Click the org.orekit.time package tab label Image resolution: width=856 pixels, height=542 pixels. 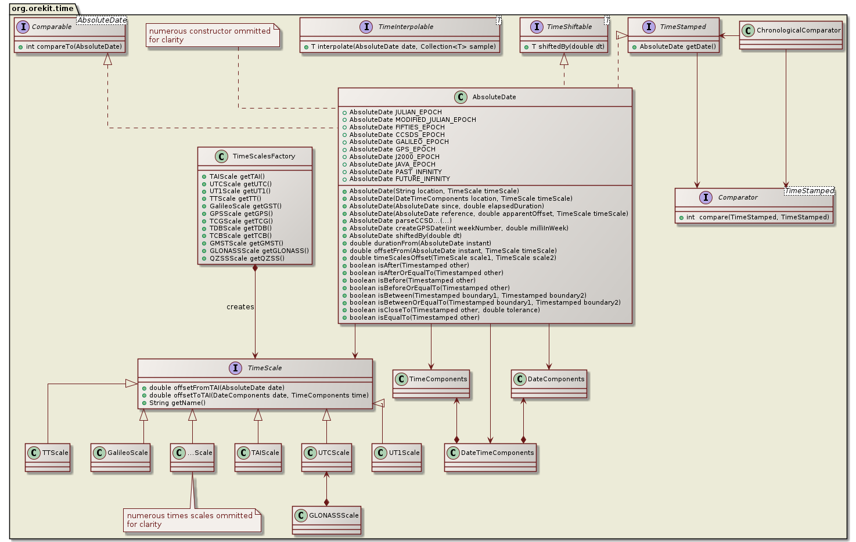[42, 8]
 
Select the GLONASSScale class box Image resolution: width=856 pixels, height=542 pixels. [326, 520]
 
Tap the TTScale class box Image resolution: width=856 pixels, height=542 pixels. [48, 458]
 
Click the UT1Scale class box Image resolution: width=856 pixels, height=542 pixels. [397, 458]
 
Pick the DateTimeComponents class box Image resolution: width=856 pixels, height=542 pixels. [490, 458]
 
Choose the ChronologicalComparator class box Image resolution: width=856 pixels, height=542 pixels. [791, 35]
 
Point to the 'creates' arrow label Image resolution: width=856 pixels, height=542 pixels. [240, 307]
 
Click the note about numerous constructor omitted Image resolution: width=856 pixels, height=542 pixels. [213, 36]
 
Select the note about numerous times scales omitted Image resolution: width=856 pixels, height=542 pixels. [192, 520]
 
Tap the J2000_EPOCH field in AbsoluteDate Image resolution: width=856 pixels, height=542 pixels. [394, 157]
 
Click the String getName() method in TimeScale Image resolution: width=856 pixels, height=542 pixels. [177, 403]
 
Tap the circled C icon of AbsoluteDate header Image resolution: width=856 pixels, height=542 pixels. [461, 97]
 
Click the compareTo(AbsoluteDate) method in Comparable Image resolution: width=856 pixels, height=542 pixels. [74, 46]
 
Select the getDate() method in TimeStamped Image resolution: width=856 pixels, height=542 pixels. [677, 46]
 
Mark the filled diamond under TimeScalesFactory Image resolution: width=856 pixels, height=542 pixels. [255, 269]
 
